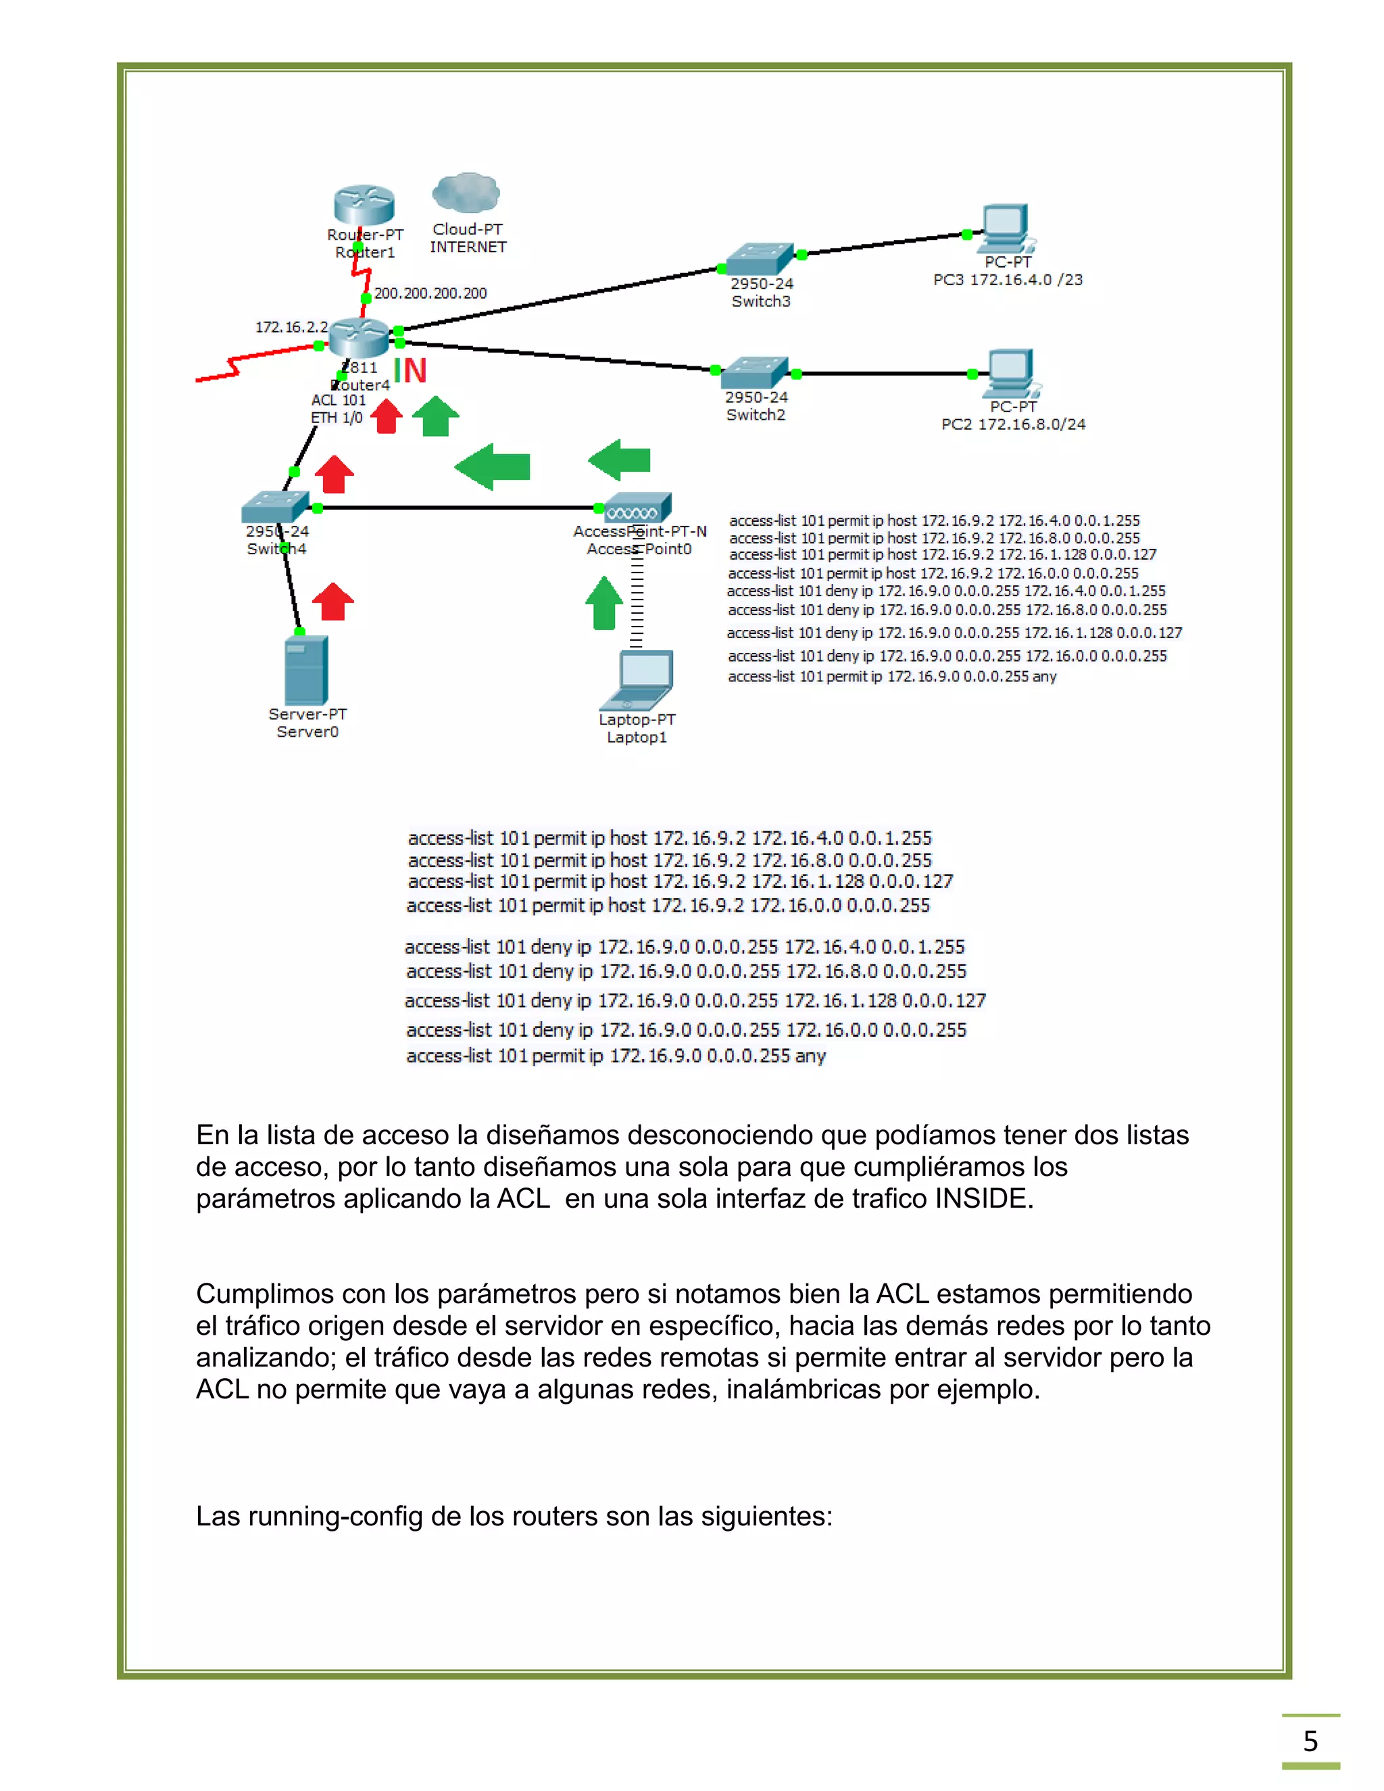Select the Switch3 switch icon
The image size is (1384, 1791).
coord(759,258)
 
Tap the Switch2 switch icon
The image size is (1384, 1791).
coord(754,372)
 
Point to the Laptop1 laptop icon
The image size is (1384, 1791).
coord(638,680)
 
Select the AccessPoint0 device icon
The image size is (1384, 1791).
coord(637,508)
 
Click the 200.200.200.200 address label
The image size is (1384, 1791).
coord(430,293)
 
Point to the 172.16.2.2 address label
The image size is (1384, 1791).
coord(291,327)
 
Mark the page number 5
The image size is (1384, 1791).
coord(1310,1740)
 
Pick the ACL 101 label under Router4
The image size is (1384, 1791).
coord(339,400)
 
